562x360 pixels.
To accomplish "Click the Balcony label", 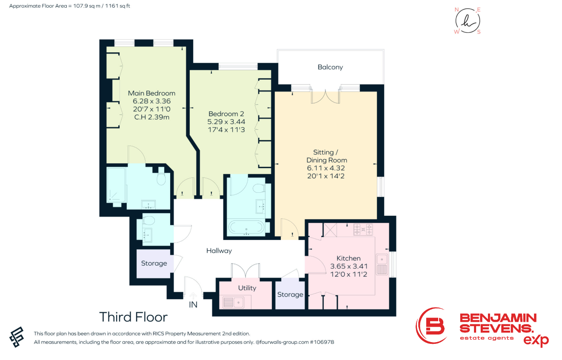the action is click(x=330, y=67).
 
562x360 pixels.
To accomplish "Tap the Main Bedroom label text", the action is click(x=151, y=93).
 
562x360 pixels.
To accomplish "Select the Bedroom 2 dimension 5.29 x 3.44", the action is click(x=226, y=122).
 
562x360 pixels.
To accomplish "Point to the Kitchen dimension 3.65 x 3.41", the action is click(x=349, y=266).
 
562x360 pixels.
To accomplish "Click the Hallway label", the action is click(x=219, y=251).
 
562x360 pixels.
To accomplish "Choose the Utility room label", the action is click(x=247, y=288).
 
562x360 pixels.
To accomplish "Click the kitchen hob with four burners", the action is click(x=363, y=229).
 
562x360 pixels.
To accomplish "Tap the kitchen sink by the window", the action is click(x=382, y=264).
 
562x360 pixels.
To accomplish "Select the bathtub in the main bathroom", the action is click(x=246, y=228).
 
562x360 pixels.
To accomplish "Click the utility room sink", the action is click(x=233, y=302).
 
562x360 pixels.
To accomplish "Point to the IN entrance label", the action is click(x=193, y=305).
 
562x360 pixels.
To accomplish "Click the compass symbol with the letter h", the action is click(x=468, y=21).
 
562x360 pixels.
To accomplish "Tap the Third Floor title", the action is click(x=133, y=317).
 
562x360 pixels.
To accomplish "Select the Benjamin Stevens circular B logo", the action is click(x=431, y=326).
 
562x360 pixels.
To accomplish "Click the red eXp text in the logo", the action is click(x=536, y=340).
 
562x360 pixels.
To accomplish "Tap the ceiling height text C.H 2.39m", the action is click(x=151, y=117).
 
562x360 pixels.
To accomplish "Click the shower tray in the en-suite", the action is click(x=117, y=185).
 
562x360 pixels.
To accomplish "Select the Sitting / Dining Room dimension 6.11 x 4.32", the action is click(x=326, y=168).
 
